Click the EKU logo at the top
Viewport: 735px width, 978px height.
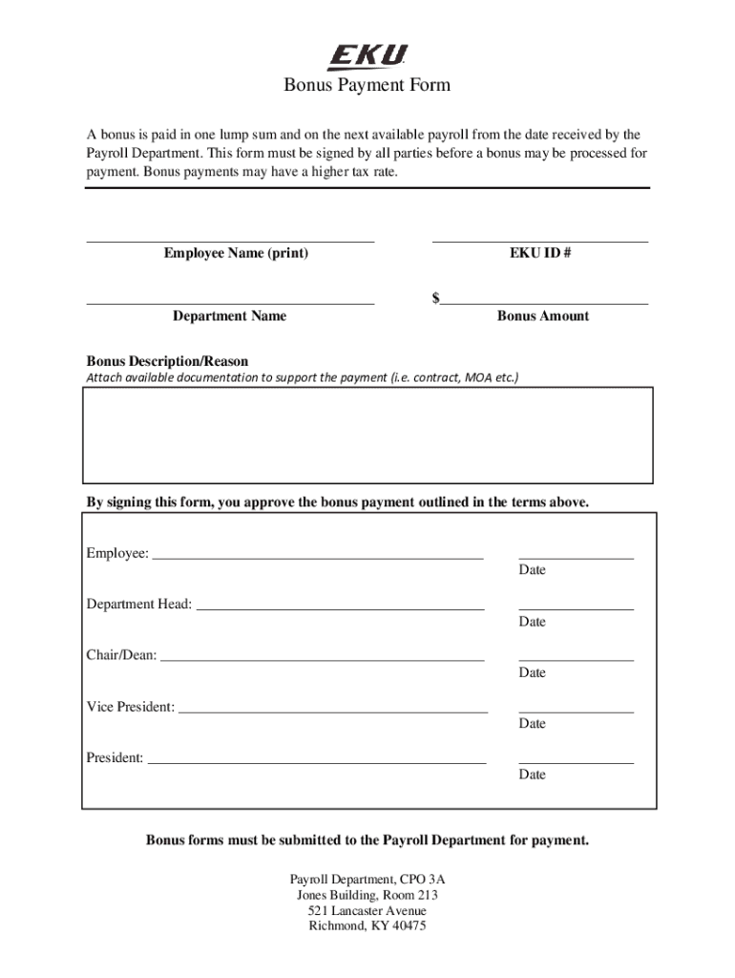(x=367, y=57)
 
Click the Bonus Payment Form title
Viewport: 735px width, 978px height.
(x=367, y=86)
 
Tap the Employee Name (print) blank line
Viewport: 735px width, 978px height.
(x=230, y=240)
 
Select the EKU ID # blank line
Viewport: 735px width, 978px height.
(x=540, y=240)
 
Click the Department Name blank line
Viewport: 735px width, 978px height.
(x=230, y=303)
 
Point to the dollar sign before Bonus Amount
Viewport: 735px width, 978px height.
(x=436, y=298)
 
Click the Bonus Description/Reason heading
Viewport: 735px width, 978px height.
(x=167, y=362)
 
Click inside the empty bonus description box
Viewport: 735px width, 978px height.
(x=367, y=435)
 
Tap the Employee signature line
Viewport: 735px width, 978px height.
(x=318, y=557)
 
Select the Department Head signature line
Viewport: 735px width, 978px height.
(x=340, y=608)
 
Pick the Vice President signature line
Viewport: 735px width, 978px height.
(x=333, y=712)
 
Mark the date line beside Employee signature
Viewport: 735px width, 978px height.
(x=576, y=557)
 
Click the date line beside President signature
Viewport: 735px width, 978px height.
(x=576, y=762)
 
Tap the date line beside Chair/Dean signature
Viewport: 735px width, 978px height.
(x=576, y=660)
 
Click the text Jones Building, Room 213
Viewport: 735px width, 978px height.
(x=367, y=896)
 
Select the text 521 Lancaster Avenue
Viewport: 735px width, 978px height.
(x=367, y=911)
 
